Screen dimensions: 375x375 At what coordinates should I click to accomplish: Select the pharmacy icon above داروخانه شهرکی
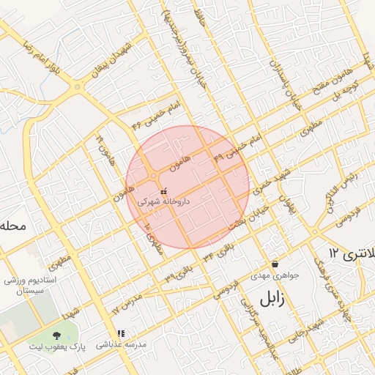pos(163,191)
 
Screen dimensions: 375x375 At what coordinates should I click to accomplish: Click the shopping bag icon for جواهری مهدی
pos(275,264)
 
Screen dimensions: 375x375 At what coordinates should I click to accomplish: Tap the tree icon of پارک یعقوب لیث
pos(56,335)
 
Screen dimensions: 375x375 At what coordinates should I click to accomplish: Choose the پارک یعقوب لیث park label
pos(58,346)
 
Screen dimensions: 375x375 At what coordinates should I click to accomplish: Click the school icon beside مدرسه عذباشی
pos(121,334)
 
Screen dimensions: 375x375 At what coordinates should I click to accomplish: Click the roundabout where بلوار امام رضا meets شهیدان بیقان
pos(78,86)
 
